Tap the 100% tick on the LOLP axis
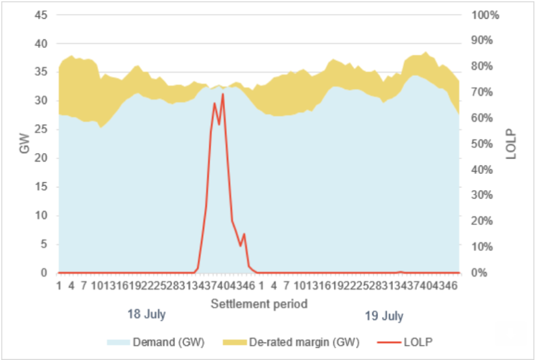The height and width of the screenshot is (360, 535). tap(484, 15)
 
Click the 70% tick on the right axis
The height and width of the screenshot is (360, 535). tap(482, 92)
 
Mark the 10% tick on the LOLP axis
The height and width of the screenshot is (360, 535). tap(482, 247)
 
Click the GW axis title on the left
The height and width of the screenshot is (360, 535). tap(25, 145)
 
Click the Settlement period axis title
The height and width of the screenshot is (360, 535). tap(259, 303)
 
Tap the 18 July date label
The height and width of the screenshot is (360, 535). tap(146, 315)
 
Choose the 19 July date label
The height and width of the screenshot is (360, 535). tap(384, 316)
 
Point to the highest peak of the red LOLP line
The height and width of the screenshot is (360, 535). tap(222, 94)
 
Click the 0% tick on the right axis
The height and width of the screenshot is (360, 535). tap(479, 273)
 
